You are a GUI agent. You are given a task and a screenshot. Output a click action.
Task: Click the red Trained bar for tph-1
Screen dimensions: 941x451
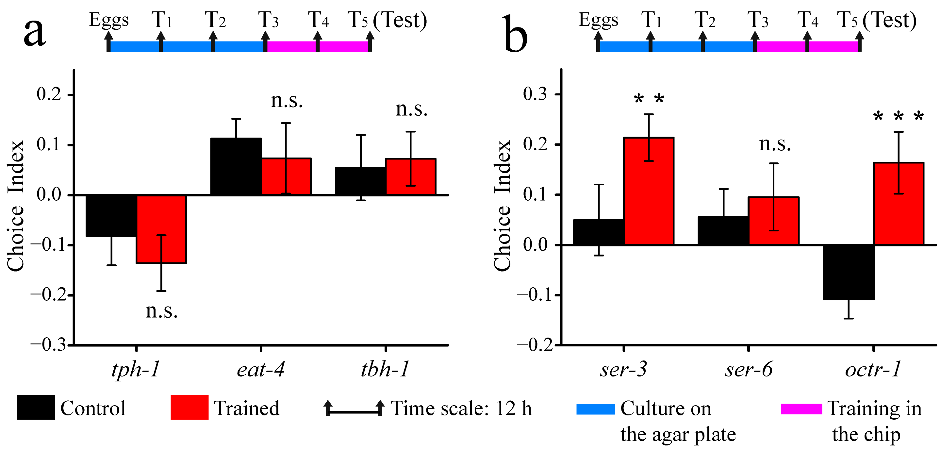tap(161, 229)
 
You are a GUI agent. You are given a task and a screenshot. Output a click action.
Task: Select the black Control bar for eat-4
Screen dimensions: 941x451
tap(236, 166)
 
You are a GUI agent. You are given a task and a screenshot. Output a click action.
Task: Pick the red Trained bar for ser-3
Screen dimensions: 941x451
tap(649, 191)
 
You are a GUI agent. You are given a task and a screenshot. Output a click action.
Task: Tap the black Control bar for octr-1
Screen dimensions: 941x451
tap(848, 272)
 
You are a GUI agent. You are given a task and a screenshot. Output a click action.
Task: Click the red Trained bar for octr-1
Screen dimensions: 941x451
tap(899, 204)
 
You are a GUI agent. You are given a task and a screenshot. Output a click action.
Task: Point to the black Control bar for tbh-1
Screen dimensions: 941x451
tap(360, 181)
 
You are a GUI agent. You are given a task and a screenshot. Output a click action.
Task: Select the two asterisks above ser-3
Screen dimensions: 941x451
tap(649, 99)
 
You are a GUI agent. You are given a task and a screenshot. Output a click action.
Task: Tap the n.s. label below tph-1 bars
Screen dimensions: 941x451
tap(161, 311)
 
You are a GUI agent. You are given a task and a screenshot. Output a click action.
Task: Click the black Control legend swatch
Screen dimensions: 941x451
tap(36, 407)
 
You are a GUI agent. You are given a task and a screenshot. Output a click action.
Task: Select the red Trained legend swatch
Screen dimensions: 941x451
tap(190, 407)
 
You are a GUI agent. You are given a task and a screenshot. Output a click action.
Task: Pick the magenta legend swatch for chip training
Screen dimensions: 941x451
tap(801, 409)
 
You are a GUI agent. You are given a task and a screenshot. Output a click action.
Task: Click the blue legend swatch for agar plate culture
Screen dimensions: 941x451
tap(596, 409)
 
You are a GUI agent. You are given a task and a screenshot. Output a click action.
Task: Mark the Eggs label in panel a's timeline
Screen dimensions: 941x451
tap(109, 20)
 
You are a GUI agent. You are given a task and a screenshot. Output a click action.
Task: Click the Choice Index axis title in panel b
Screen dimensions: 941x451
tap(502, 206)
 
